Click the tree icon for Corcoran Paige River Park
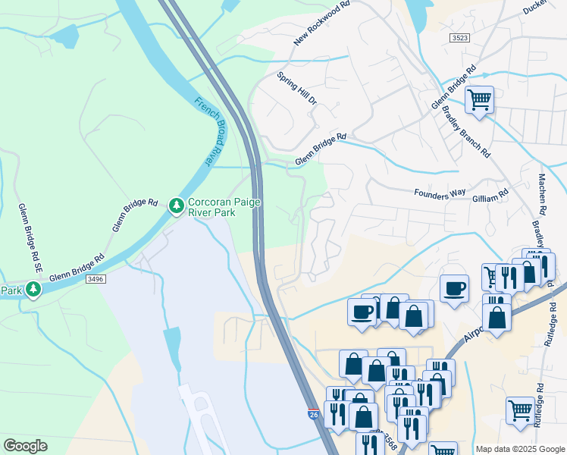[x=177, y=206]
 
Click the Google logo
[x=26, y=446]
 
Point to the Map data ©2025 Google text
[x=520, y=449]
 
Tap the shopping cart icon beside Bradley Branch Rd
[x=479, y=99]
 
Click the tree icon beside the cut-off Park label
[x=33, y=289]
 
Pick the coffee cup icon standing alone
[x=454, y=288]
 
